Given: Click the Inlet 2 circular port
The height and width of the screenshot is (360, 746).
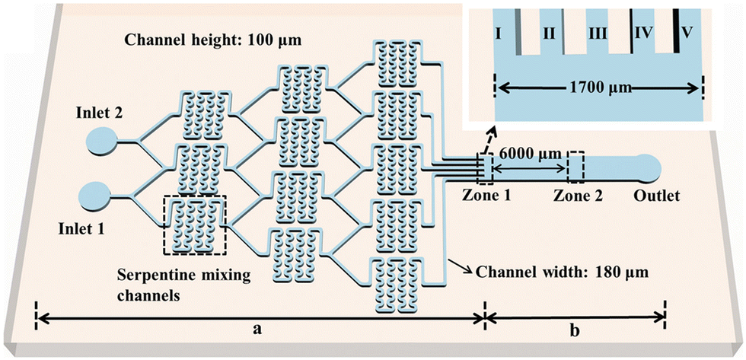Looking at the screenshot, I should click(101, 141).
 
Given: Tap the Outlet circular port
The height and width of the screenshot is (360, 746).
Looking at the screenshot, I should click(649, 165).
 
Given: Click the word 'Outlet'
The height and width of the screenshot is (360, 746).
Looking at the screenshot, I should click(656, 196).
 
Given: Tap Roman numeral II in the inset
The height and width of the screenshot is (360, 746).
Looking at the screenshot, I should click(547, 33).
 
